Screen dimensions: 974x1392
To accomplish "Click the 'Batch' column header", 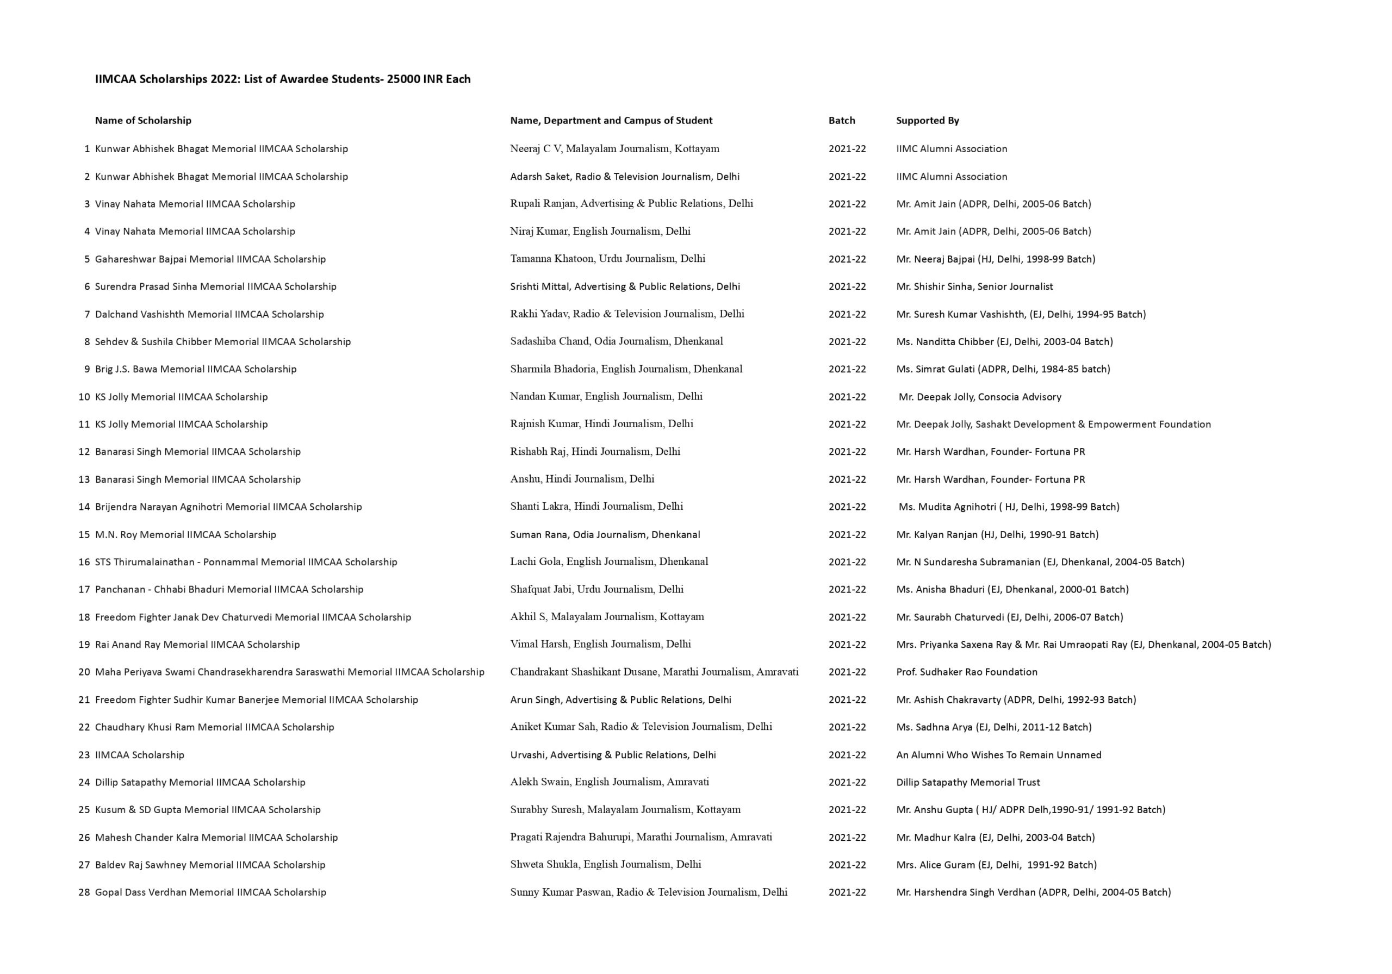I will (x=842, y=121).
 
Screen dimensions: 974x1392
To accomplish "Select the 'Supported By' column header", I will (x=927, y=121).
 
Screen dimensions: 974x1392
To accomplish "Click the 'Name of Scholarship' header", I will (x=143, y=121).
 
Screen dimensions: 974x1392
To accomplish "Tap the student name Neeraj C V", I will (x=536, y=149).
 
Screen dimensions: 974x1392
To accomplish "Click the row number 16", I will (x=84, y=562).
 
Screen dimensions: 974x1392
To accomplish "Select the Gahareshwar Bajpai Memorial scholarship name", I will (x=210, y=259).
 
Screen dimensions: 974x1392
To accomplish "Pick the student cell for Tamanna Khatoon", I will (x=607, y=259).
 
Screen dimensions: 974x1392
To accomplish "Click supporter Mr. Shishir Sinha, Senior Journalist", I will (x=974, y=286).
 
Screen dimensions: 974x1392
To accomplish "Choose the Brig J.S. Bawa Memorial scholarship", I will (x=195, y=369).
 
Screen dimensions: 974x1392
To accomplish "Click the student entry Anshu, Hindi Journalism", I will (x=582, y=479).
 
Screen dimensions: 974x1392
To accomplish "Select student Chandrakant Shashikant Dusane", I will (x=654, y=672).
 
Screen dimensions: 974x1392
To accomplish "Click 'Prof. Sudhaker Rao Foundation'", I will (x=966, y=672).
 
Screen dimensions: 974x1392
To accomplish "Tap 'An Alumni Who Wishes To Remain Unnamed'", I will (x=998, y=754).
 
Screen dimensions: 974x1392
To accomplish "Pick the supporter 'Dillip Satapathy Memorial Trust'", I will (x=968, y=782).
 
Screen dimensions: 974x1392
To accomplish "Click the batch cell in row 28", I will (x=847, y=892).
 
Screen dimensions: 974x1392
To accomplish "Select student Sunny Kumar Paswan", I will (x=648, y=892).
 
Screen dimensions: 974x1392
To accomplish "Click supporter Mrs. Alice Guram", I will (x=996, y=865).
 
